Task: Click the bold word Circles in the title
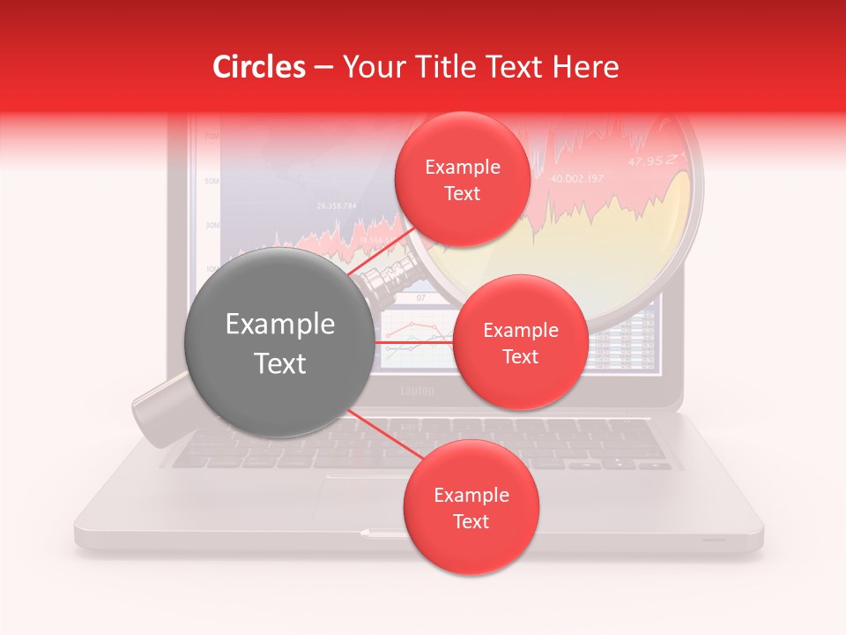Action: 260,67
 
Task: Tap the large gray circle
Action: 278,343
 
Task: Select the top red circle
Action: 462,180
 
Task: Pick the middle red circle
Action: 520,342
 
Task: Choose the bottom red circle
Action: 471,508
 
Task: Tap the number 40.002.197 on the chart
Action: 577,179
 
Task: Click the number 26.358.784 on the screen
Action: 336,206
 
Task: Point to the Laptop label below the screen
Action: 418,391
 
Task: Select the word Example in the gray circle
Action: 280,325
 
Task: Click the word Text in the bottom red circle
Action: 471,522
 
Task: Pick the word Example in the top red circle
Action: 463,168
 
